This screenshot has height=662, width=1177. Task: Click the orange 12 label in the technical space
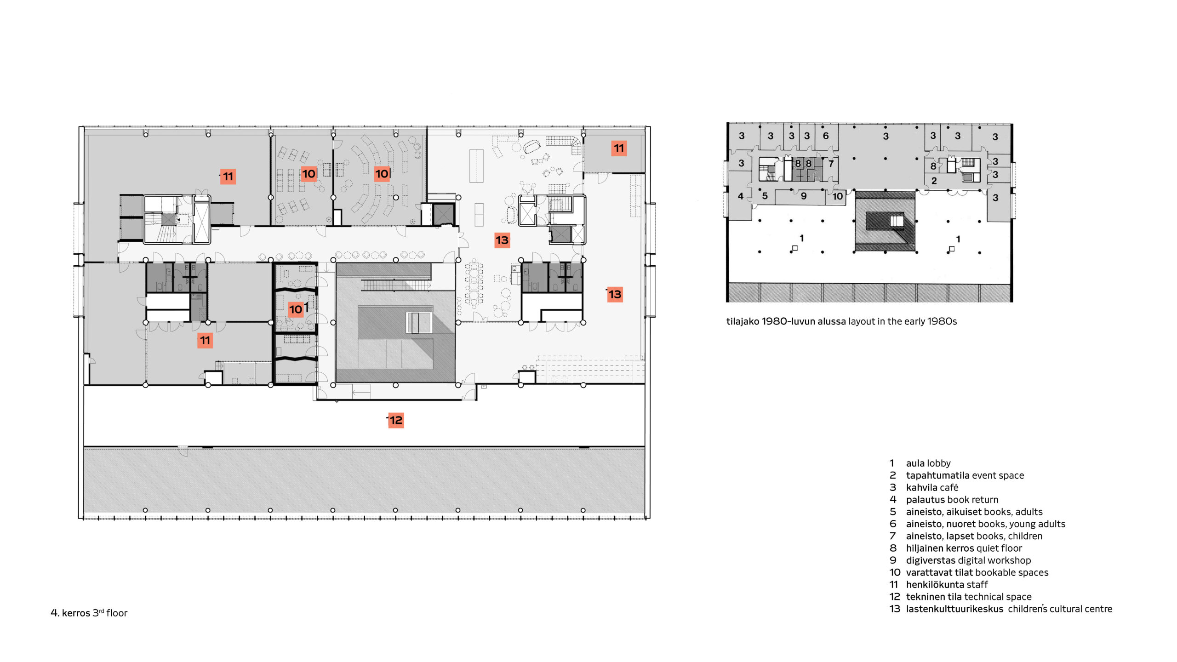click(396, 420)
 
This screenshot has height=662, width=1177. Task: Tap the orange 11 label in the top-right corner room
click(619, 148)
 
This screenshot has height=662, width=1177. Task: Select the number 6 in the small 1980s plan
click(826, 136)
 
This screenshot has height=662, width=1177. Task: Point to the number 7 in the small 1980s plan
click(831, 164)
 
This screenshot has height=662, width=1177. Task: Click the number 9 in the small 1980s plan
click(804, 196)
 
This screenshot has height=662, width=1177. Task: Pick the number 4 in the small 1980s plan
click(740, 196)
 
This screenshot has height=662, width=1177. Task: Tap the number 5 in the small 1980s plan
click(765, 196)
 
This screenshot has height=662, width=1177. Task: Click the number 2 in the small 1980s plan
click(934, 181)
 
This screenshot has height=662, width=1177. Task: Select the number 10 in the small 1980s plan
click(838, 196)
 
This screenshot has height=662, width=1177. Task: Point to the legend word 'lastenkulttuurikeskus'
click(954, 609)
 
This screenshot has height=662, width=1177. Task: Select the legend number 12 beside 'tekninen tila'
click(895, 597)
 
